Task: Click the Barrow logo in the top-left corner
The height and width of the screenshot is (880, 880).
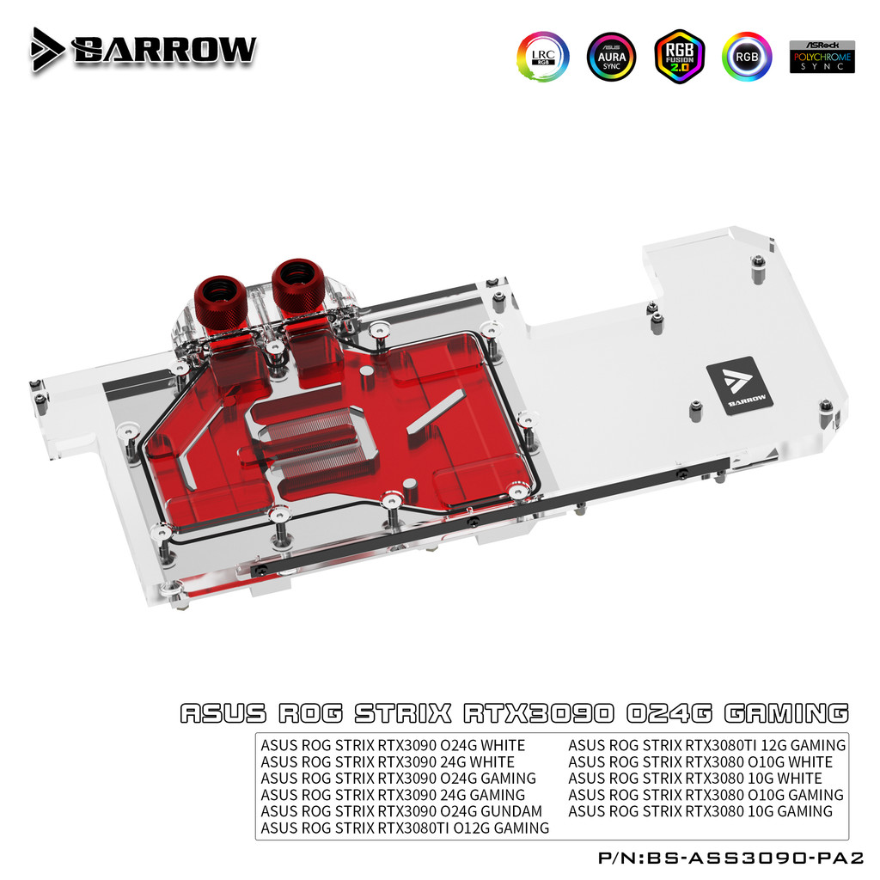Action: [144, 50]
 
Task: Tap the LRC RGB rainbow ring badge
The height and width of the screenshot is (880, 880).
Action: [542, 57]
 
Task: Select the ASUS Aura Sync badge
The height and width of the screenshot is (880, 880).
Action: [611, 57]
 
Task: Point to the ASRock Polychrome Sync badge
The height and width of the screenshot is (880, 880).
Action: [822, 56]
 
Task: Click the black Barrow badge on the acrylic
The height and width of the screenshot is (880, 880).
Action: [739, 382]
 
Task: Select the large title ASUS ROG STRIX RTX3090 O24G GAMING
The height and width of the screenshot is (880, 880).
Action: [514, 713]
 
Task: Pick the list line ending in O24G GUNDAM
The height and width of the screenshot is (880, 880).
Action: [401, 811]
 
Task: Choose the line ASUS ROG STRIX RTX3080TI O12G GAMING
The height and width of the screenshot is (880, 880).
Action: [405, 828]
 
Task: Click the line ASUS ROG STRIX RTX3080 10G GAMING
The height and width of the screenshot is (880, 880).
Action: [700, 811]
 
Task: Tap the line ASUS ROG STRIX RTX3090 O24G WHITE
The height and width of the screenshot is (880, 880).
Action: [393, 745]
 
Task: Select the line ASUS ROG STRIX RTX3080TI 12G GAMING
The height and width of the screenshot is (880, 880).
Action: [706, 745]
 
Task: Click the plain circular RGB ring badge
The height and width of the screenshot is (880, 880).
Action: [747, 57]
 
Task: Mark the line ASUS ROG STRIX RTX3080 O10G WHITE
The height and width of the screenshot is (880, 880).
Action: [700, 761]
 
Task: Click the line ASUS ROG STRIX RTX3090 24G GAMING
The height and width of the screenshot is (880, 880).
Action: [393, 795]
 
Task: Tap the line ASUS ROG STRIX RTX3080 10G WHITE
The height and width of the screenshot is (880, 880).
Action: [695, 779]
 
